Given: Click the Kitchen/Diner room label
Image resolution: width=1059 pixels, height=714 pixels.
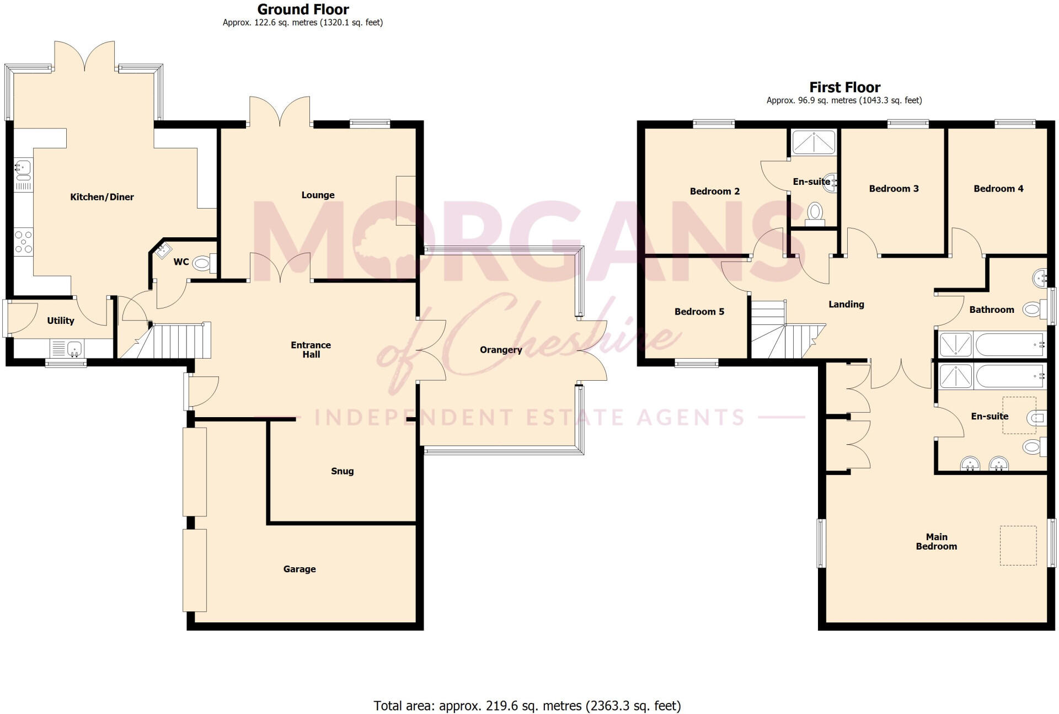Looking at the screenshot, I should pos(102,197).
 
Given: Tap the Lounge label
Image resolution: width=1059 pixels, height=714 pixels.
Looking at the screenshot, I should pos(318,195).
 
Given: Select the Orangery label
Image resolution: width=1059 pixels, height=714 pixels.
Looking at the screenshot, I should pos(500,350).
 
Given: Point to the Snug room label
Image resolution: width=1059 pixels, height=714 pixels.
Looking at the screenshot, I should pos(342,471).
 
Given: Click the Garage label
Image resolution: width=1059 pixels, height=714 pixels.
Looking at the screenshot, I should pos(299,569).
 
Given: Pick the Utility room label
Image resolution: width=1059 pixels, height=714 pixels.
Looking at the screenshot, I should pos(60,321).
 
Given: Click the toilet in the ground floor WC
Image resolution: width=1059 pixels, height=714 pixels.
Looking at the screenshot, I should pos(202,264).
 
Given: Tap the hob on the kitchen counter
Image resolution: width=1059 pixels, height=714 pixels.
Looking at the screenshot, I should pos(23,242).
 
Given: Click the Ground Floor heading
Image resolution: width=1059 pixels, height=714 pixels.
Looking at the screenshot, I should pos(303,9).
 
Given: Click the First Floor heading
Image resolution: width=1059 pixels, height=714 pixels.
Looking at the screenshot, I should pos(844,87).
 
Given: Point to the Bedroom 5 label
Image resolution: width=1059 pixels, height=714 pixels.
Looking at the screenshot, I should pos(699,312).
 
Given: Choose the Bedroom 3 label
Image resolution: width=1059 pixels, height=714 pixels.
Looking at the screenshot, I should pos(894,189).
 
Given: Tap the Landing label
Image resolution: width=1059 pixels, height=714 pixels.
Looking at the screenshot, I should pos(846,305).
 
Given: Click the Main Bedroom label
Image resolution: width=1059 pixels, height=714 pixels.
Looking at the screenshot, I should pos(936,541).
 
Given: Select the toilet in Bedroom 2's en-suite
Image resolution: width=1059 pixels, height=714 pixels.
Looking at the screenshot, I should pos(815,212).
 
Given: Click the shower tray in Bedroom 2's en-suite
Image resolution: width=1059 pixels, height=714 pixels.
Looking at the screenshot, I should pos(814,142).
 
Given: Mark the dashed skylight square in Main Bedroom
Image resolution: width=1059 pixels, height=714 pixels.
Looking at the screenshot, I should pos(1018,546).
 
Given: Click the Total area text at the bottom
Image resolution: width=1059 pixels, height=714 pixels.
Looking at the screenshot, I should pos(527,706).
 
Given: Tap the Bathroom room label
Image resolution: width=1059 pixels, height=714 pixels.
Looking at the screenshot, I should pos(991,310).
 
